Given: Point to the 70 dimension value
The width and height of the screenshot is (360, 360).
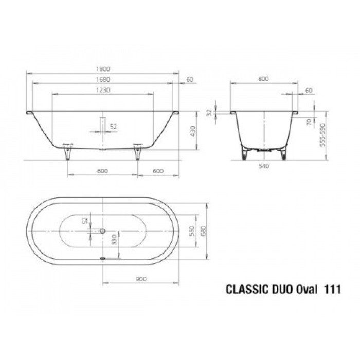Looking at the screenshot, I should [308, 122].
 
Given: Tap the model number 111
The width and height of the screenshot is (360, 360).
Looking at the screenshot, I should [332, 290].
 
